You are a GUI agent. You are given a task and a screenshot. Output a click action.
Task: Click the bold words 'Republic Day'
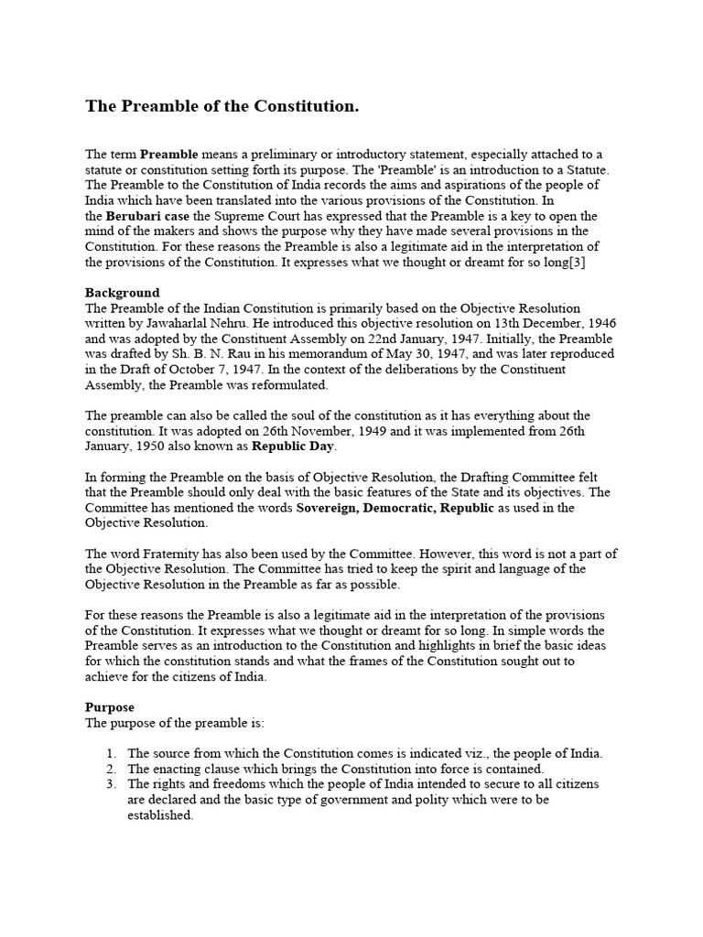click(x=297, y=447)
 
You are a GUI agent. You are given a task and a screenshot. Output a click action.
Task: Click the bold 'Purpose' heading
click(x=110, y=707)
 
